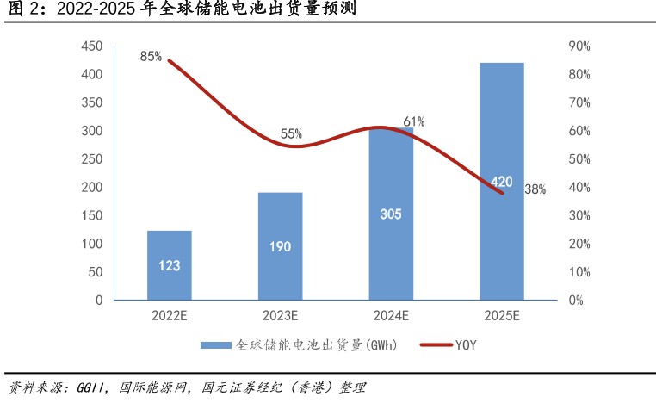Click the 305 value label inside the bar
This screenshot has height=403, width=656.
(x=391, y=214)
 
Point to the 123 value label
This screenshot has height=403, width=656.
(x=170, y=265)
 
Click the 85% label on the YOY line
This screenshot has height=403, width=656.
(x=151, y=57)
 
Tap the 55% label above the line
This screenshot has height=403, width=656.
(x=291, y=133)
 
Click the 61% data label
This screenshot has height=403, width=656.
(x=414, y=121)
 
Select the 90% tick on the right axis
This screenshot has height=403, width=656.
(x=579, y=46)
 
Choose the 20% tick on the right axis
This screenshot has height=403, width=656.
(x=579, y=244)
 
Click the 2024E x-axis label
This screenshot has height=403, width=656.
(x=391, y=316)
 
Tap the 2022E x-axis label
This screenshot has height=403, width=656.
(x=170, y=316)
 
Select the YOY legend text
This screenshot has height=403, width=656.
(x=465, y=345)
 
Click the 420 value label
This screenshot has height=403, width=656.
(x=501, y=182)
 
